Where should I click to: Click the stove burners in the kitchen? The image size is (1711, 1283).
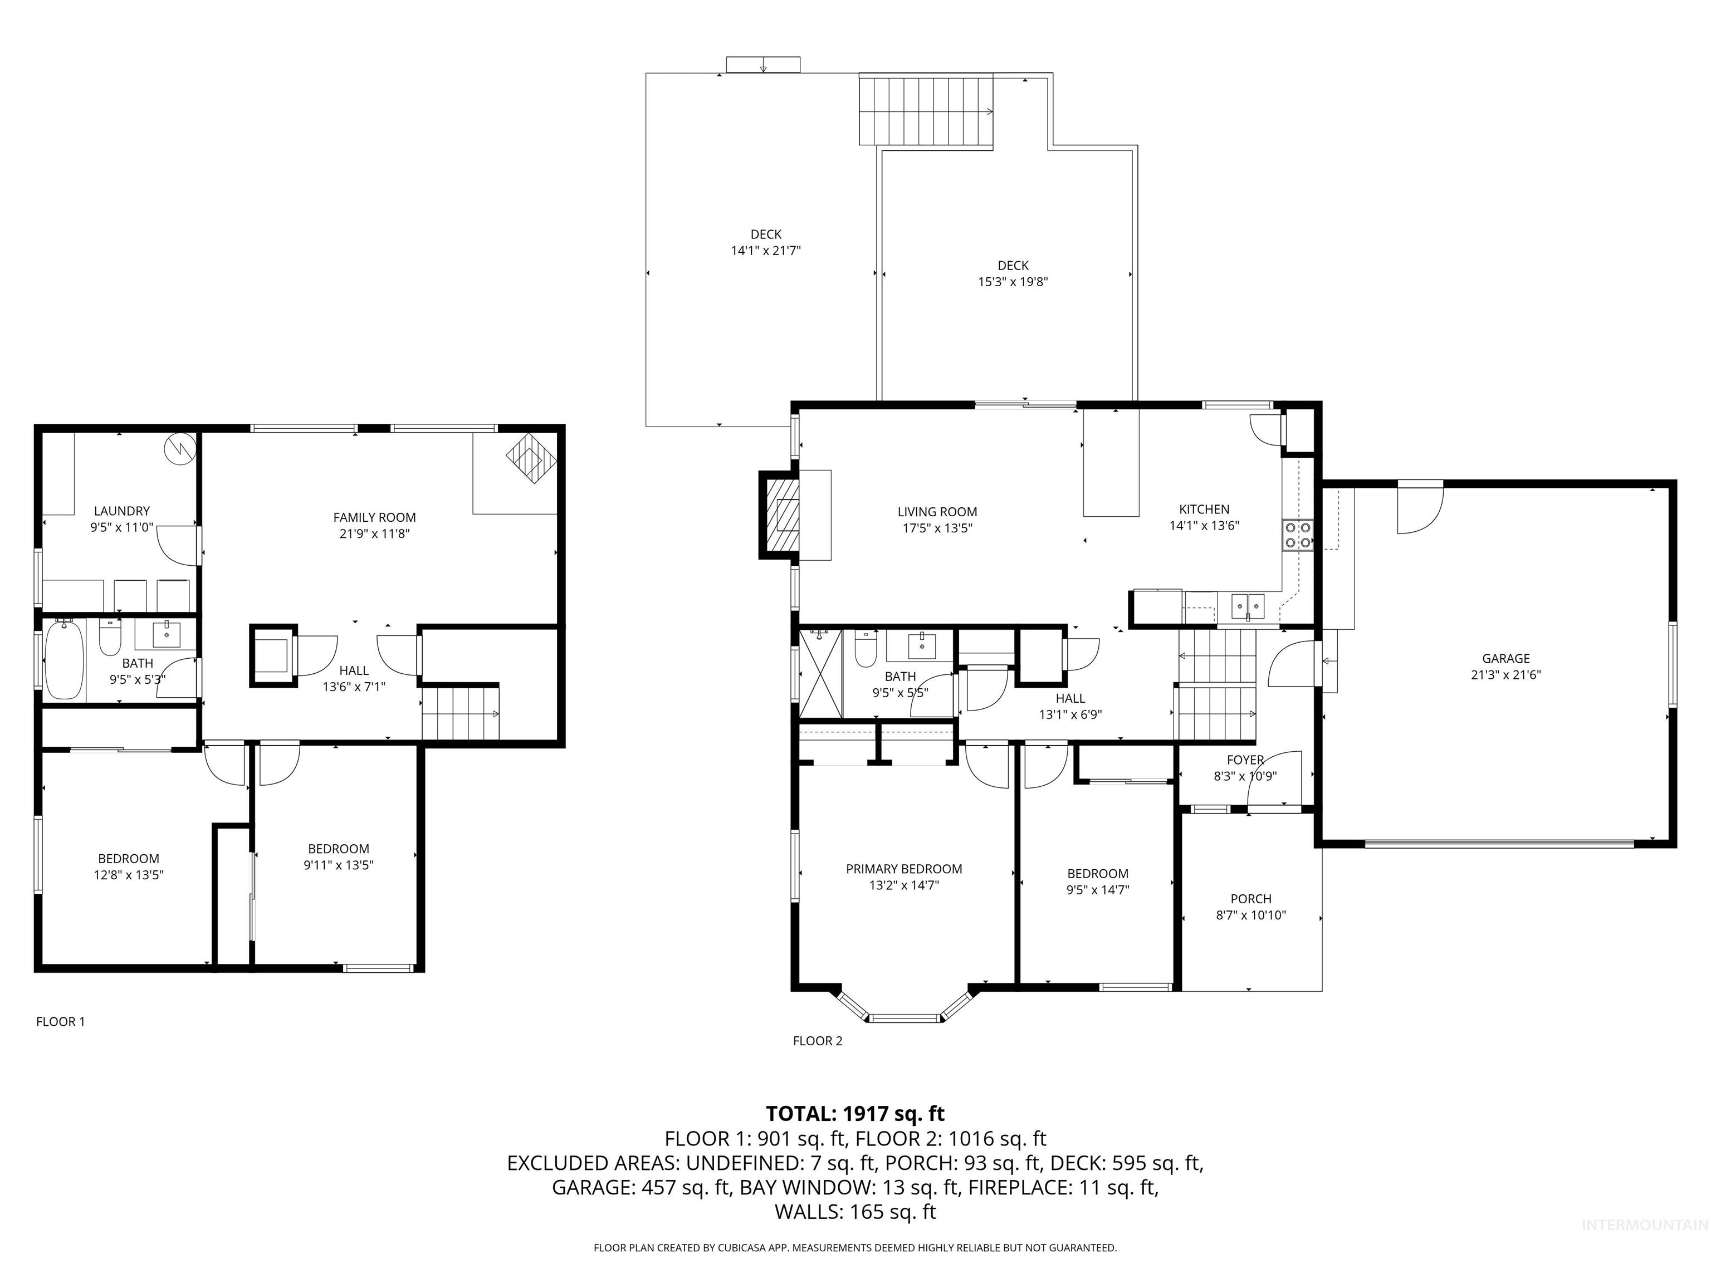point(1298,535)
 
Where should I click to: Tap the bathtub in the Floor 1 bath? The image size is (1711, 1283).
point(64,661)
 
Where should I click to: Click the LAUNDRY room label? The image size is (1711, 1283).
point(121,511)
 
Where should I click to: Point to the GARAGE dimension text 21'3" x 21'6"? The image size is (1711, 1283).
point(1505,674)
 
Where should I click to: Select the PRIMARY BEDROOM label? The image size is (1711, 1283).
point(903,869)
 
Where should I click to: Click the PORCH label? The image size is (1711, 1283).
point(1251,899)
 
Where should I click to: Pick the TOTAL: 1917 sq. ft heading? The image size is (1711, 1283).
point(855,1114)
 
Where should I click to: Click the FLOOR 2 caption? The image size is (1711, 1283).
point(818,1041)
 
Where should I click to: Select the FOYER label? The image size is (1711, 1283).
point(1245,760)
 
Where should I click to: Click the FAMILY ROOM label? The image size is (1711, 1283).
point(374,517)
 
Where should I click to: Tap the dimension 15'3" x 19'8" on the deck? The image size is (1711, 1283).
point(1013,282)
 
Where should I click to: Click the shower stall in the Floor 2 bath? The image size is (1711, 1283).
point(820,673)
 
